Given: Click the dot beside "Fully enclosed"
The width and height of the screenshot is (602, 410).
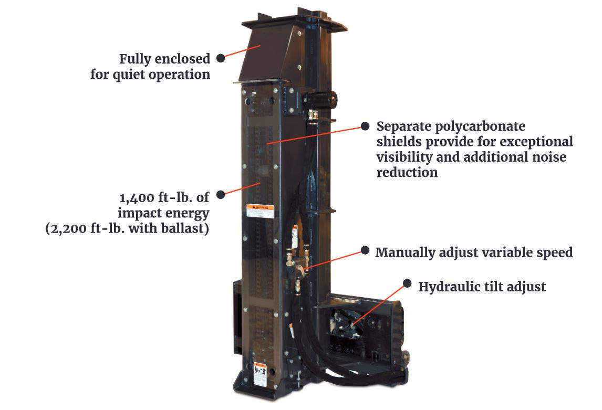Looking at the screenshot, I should pos(221,58).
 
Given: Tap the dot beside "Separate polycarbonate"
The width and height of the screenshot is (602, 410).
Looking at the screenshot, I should pos(365,126).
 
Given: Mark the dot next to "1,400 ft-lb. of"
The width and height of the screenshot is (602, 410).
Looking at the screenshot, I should pos(221,194).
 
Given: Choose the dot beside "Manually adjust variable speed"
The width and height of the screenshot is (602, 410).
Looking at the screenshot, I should pos(365,251).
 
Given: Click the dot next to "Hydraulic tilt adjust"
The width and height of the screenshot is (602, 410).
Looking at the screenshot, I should pos(407,283).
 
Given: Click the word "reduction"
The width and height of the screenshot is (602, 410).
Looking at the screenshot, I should pos(407,172).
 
